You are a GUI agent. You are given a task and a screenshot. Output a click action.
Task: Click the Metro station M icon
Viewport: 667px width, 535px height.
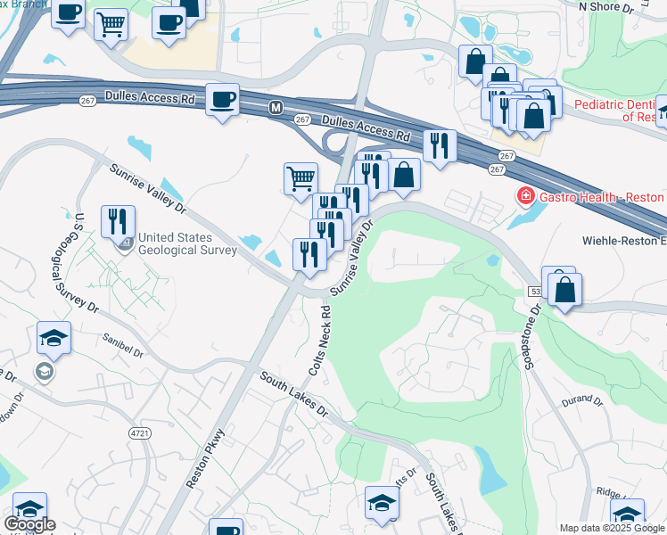[x=276, y=108]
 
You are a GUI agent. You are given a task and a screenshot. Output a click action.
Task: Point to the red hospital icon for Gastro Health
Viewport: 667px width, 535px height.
[x=526, y=195]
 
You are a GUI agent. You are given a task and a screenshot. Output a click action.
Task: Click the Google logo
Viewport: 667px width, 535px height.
[x=29, y=523]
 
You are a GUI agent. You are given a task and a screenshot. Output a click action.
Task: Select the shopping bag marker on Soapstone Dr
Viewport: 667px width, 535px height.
[x=565, y=290]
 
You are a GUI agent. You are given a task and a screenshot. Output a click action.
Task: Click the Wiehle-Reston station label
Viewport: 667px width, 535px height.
[x=624, y=241]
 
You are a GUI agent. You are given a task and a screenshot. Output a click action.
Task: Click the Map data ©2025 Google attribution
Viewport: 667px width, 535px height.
[x=612, y=528]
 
